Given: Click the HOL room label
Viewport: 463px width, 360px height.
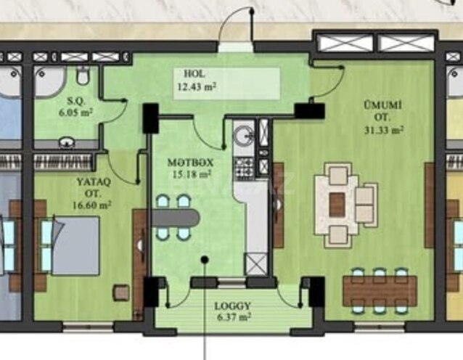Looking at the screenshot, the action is click(194, 73).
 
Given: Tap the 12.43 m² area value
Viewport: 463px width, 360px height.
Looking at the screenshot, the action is click(197, 87).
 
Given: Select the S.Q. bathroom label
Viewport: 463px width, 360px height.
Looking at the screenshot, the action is click(76, 102).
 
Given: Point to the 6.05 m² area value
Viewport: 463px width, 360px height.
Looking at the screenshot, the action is click(75, 112).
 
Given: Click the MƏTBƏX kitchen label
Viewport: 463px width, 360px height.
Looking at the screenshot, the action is click(190, 163).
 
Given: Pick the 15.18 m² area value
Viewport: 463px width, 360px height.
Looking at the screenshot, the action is click(192, 174).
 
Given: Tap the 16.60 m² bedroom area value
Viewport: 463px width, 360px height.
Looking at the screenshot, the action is click(92, 205).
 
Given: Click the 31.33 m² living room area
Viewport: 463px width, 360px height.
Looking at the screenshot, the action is click(384, 130).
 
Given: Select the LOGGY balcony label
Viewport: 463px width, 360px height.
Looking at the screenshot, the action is click(233, 306).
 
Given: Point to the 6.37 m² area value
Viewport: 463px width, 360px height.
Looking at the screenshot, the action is click(234, 317).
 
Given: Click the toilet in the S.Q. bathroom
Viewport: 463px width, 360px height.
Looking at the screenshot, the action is click(83, 75).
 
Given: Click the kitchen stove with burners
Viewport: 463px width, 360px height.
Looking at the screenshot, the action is click(244, 168).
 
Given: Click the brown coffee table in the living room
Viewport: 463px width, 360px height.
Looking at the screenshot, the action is click(337, 205).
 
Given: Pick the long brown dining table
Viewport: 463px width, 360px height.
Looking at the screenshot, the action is click(380, 291).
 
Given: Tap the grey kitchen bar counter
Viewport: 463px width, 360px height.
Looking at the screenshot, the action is click(176, 218).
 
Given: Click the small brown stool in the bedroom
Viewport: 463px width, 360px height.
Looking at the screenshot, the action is click(121, 292).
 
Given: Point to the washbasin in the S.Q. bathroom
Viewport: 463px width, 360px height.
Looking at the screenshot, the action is click(67, 142).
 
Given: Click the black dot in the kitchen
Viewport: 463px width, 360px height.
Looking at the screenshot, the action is click(205, 260).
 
